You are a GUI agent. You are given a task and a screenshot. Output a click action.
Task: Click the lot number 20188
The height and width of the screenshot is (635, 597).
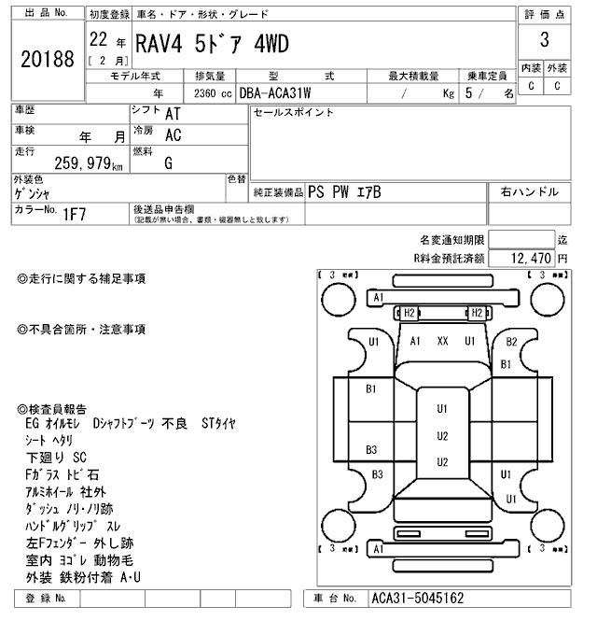[x=47, y=59]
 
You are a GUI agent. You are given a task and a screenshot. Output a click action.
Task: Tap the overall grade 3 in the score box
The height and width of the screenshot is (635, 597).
[x=544, y=40]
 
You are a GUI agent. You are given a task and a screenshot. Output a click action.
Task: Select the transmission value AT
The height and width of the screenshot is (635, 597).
[x=173, y=113]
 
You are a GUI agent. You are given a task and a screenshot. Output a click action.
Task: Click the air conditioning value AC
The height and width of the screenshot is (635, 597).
[x=173, y=136]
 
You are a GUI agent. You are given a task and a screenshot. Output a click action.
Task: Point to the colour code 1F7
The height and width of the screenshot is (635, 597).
[x=75, y=214]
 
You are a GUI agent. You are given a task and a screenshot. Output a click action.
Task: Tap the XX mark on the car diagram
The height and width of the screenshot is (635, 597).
[x=443, y=342]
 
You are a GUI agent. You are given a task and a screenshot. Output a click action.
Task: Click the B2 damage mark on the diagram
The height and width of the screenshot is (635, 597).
[x=510, y=343]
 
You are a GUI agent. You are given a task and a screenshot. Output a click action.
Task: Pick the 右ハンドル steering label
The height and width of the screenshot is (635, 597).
[x=530, y=192]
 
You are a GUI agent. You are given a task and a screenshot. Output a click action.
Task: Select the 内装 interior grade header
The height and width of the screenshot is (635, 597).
[x=530, y=68]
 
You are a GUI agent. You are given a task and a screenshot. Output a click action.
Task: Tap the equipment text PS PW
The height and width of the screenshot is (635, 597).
[x=327, y=192]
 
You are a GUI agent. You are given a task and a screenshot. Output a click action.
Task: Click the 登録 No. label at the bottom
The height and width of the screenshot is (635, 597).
[x=48, y=598]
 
